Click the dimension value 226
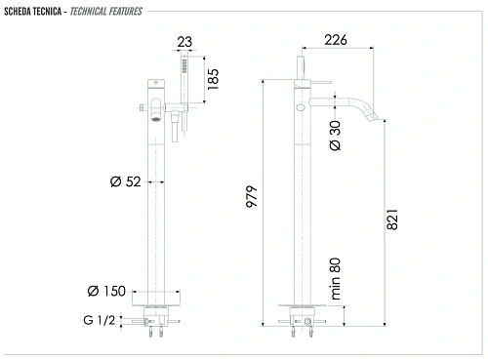(337, 40)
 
